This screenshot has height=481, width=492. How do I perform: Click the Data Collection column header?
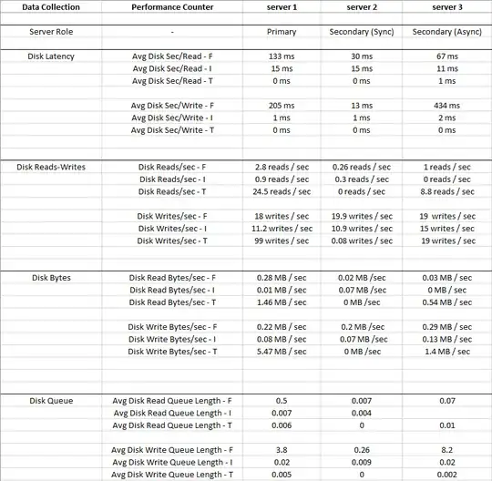(51, 7)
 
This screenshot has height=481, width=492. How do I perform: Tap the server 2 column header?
(361, 7)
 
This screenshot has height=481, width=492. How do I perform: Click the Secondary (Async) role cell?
(446, 31)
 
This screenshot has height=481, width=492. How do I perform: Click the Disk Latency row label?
(51, 56)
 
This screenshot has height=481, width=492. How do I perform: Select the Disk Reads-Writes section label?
(51, 167)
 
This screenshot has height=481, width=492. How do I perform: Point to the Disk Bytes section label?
(51, 277)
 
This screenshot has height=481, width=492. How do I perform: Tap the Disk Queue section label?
(51, 400)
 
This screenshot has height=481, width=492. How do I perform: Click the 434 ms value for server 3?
(446, 105)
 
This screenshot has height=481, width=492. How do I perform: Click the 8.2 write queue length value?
(446, 449)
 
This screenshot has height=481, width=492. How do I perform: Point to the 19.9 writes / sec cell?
(361, 216)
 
